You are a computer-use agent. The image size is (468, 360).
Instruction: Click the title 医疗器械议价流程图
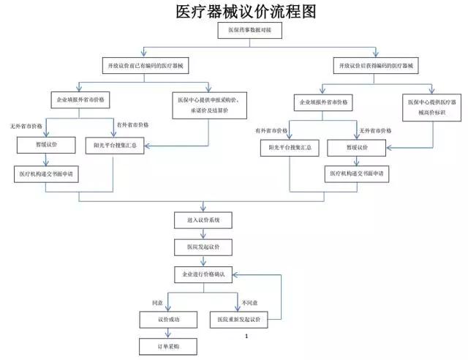pos(235,12)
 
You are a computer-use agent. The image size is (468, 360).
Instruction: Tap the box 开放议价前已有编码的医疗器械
pos(146,67)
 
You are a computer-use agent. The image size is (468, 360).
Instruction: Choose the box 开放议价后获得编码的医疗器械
pos(377,67)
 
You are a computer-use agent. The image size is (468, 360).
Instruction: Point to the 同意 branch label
pos(156,301)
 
